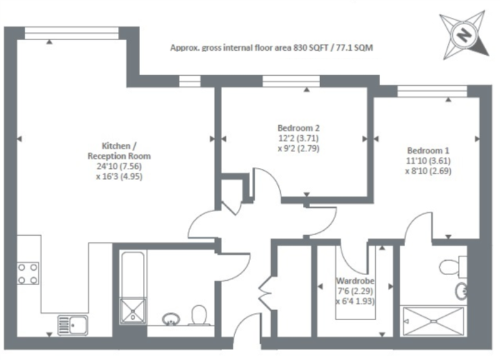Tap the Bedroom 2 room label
(299, 128)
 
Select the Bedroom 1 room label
(428, 151)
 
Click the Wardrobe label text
(355, 281)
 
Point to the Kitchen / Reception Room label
(119, 151)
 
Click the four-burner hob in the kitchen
(27, 274)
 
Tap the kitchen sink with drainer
(72, 325)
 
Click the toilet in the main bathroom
(199, 315)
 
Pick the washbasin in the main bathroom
(171, 319)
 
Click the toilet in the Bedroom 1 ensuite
(452, 266)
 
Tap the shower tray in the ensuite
(434, 321)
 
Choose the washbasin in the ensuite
(461, 291)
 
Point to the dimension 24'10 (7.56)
(119, 166)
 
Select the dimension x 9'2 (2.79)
(299, 149)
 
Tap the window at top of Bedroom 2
(291, 81)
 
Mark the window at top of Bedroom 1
(432, 91)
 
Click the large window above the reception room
(72, 33)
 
